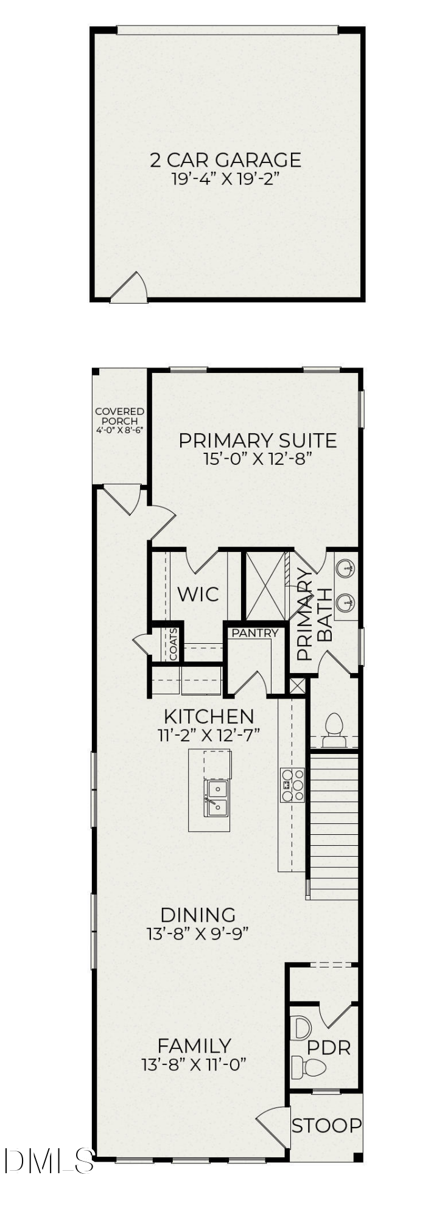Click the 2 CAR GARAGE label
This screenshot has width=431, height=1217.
pos(225,160)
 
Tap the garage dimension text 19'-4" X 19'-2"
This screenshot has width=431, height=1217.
pos(225,179)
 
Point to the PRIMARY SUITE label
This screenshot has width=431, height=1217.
pos(258,441)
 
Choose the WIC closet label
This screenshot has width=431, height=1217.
pos(198,594)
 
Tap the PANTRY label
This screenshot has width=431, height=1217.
pos(254,633)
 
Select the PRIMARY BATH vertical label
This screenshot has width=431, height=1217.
pos(314,615)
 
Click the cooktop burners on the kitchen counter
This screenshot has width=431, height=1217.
pos(292,785)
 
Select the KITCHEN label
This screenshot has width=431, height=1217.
pos(209,716)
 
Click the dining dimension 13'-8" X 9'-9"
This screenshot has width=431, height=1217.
pos(197,933)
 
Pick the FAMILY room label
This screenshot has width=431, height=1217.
pos(194,1046)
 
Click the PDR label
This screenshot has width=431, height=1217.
pos(328,1048)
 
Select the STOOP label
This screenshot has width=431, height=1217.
pos(326,1126)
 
